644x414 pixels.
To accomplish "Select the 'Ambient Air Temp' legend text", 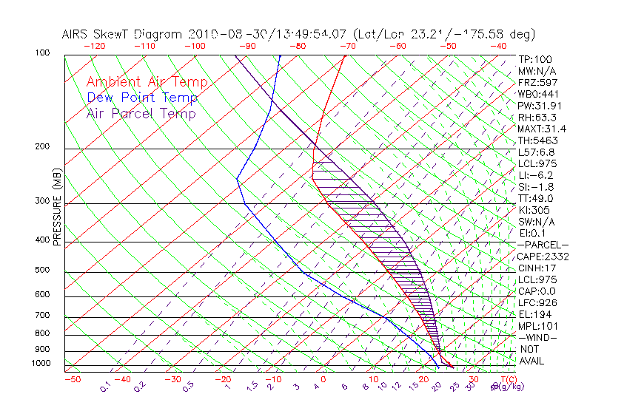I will pyautogui.click(x=147, y=82).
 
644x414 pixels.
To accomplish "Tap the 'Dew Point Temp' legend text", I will pyautogui.click(x=142, y=98).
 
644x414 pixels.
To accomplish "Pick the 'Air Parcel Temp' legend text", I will pyautogui.click(x=141, y=113).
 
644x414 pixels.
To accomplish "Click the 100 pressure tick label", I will pyautogui.click(x=42, y=53).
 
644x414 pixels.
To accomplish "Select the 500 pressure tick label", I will pyautogui.click(x=42, y=271).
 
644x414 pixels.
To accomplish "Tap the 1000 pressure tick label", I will pyautogui.click(x=40, y=364).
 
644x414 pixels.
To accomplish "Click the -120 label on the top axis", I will pyautogui.click(x=95, y=46).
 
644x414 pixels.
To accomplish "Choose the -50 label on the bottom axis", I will pyautogui.click(x=72, y=379).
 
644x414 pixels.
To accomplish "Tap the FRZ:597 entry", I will pyautogui.click(x=537, y=82).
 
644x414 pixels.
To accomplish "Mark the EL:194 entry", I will pyautogui.click(x=534, y=314).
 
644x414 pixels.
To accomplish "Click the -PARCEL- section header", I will pyautogui.click(x=543, y=245).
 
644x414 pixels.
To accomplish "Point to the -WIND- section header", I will pyautogui.click(x=537, y=338).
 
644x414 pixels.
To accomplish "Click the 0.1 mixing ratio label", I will pyautogui.click(x=106, y=385).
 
